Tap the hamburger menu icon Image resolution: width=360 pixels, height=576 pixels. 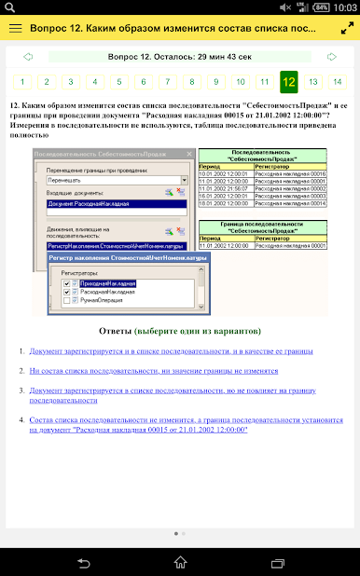click(15, 28)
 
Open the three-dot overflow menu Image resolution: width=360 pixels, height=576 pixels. click(345, 28)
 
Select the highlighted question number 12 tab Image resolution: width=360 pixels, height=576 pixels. click(289, 82)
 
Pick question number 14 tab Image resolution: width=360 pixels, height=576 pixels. click(337, 82)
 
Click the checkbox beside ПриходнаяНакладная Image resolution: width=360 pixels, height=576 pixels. click(66, 282)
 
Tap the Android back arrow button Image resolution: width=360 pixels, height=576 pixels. click(84, 562)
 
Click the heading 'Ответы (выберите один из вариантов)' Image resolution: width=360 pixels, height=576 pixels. click(180, 331)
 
